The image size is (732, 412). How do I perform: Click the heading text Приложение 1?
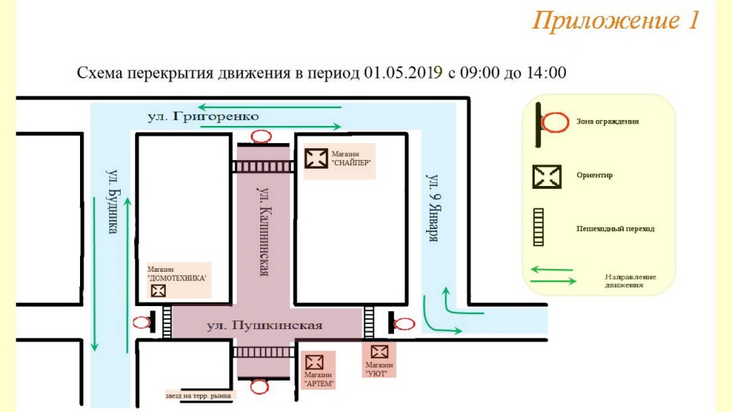[615, 21]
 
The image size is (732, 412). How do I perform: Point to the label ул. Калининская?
[263, 231]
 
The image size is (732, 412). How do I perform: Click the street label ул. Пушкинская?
[264, 325]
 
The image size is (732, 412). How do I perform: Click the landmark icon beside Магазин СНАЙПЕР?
[315, 157]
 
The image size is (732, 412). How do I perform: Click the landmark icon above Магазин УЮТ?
[379, 351]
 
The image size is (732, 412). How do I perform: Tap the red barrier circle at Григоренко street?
[261, 136]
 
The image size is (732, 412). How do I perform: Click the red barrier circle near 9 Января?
[405, 323]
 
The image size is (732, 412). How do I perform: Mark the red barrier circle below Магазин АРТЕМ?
[261, 387]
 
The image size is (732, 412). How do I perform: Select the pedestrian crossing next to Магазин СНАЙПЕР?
[262, 167]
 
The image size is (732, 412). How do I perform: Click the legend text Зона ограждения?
[607, 122]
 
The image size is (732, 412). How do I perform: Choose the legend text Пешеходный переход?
[615, 229]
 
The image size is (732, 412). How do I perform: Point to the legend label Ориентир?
[594, 175]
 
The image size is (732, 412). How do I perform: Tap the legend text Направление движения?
[630, 280]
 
